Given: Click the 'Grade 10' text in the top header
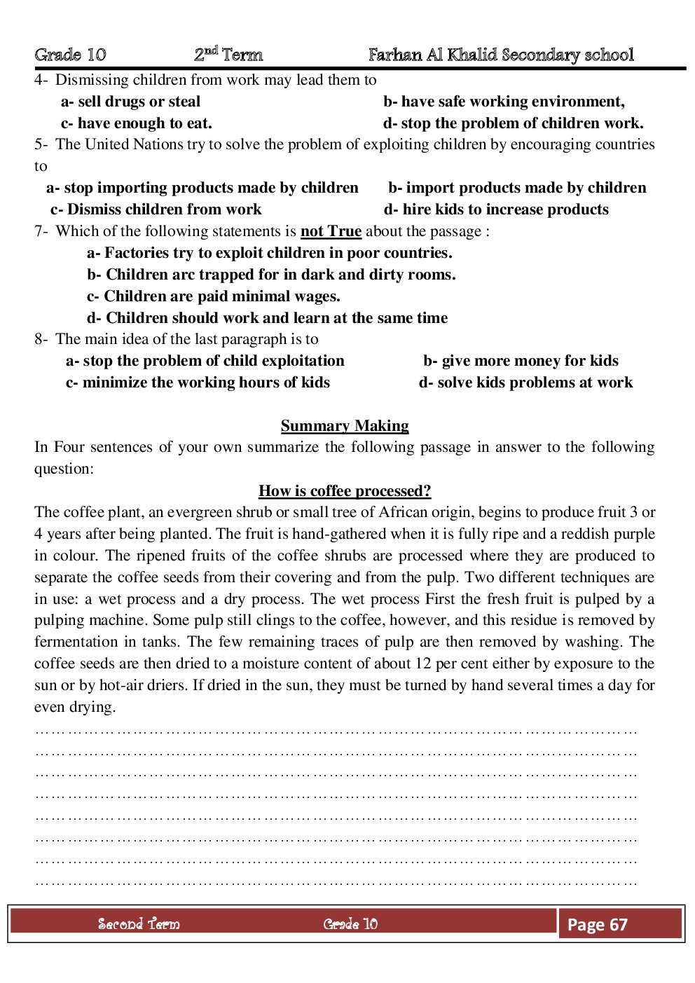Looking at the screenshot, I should tap(70, 55).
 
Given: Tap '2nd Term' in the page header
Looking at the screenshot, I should tap(228, 54).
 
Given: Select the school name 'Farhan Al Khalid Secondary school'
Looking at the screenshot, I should tap(501, 55).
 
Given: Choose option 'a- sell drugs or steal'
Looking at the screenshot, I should tap(130, 102).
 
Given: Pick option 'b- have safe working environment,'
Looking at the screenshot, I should tap(504, 102).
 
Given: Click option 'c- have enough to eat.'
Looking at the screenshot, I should tap(136, 123).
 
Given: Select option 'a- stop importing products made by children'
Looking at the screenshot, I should tap(202, 188).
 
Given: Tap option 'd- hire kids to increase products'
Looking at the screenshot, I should tap(496, 209).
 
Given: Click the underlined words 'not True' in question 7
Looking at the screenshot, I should tap(331, 231).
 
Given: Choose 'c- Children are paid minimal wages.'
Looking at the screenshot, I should tap(213, 296).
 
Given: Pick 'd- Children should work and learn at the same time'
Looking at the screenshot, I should tap(267, 318).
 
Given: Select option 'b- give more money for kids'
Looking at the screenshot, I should tap(521, 361).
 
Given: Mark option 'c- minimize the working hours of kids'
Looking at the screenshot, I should tap(198, 383).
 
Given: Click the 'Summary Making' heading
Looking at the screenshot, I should tap(345, 426).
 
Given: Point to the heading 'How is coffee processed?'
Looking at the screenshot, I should tap(345, 491).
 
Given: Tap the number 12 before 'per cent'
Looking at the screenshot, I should tap(423, 664).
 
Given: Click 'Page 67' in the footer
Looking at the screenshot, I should tap(597, 925).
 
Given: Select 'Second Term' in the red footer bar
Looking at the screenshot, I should tap(139, 924).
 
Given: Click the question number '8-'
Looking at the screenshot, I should tap(41, 340).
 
